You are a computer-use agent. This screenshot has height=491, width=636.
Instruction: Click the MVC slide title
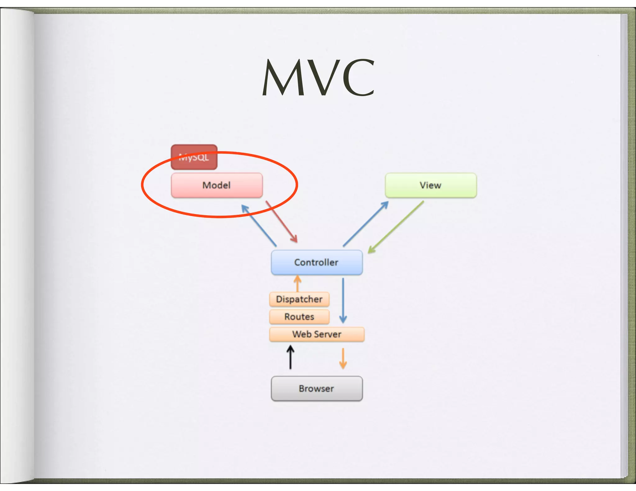pos(318,78)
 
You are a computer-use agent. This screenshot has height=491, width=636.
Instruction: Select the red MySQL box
pos(194,157)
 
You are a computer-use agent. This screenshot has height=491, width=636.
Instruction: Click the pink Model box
pos(217,185)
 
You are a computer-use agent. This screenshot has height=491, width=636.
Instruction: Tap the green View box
pos(431,185)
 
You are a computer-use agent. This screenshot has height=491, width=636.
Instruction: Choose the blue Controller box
pos(316,263)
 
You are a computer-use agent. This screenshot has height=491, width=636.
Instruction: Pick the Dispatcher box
pos(299,299)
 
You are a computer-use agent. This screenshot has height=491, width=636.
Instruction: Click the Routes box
pos(299,317)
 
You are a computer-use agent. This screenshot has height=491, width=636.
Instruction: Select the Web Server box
pos(316,334)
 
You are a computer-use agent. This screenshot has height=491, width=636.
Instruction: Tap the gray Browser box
pos(316,389)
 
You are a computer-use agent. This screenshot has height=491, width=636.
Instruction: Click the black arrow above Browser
pos(290,358)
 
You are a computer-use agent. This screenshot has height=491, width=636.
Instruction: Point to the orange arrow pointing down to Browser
pos(343,358)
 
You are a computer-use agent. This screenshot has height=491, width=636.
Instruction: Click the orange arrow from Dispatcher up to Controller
pos(298,283)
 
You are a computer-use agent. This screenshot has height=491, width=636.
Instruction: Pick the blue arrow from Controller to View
pos(366,224)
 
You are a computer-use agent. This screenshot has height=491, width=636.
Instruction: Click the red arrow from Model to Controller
pos(281,222)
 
